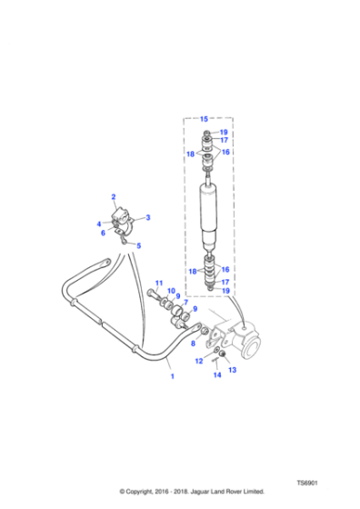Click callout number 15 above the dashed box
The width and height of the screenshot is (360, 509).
click(204, 119)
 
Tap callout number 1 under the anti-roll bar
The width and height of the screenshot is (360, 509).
click(173, 376)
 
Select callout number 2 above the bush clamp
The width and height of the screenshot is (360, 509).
click(114, 196)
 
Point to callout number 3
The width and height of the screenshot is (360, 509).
click(148, 217)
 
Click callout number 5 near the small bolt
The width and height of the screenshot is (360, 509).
click(138, 245)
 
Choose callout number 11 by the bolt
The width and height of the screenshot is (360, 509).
click(159, 283)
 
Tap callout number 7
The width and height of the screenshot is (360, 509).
click(185, 303)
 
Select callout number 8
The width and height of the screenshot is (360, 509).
click(193, 344)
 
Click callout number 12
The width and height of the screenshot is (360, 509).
click(199, 361)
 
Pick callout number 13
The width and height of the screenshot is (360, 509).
click(233, 370)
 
